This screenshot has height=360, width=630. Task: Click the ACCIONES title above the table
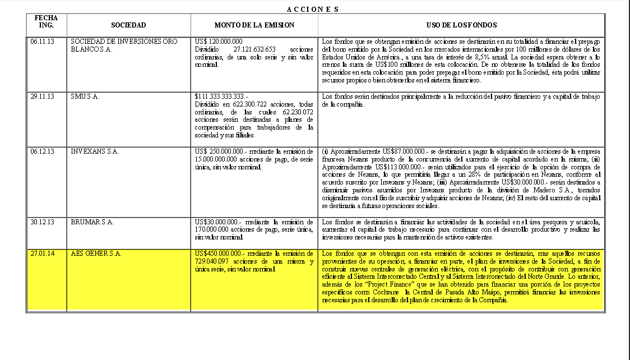point(312,9)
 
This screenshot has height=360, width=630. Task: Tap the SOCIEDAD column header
point(128,25)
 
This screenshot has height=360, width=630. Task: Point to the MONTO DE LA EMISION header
point(254,25)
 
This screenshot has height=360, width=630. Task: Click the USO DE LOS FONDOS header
point(461,25)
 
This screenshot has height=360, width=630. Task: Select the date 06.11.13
point(43,42)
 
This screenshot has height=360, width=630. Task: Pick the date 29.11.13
point(43,96)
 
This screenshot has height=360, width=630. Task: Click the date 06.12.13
point(43,151)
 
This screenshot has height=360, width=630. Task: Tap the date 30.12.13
point(43,222)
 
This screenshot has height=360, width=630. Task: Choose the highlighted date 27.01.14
point(43,253)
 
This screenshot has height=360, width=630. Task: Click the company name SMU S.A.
point(85,96)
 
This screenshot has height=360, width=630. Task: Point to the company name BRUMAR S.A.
point(92,222)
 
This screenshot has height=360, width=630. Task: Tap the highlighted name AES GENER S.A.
point(96,253)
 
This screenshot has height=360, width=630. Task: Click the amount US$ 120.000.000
point(219,42)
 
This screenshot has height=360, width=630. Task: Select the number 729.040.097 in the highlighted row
point(214,261)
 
